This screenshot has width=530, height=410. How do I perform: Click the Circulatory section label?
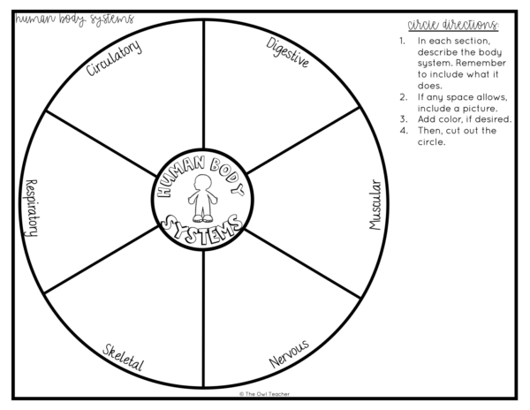[114, 57]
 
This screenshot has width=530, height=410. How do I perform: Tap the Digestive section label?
[288, 52]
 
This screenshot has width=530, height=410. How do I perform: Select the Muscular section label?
[375, 204]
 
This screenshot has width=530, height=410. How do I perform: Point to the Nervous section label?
[289, 353]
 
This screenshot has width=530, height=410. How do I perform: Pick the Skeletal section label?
[124, 358]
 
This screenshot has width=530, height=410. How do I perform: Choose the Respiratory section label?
[32, 208]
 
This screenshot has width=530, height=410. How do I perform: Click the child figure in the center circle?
[202, 198]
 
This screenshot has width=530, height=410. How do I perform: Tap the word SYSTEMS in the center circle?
[201, 229]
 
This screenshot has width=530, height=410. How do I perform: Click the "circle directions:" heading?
[453, 25]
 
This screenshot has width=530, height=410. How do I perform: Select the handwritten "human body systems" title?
[75, 19]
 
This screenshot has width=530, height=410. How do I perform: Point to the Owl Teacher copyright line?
[265, 394]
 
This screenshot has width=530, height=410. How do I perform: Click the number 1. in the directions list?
[402, 41]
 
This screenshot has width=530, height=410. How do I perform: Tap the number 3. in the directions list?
[404, 119]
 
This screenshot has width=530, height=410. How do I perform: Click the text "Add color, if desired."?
[465, 119]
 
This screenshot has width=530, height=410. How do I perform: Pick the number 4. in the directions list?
[404, 131]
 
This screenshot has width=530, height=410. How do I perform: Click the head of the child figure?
[202, 183]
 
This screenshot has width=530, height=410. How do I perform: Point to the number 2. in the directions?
[404, 97]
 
